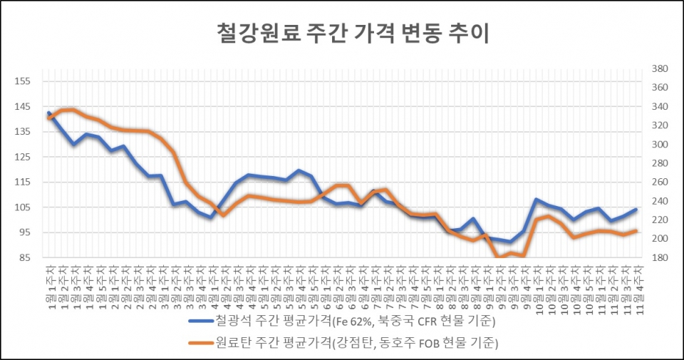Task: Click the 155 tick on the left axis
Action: coord(23,81)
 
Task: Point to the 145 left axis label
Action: coord(23,106)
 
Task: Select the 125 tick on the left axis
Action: coord(23,157)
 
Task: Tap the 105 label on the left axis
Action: coord(23,207)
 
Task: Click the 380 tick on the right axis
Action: coord(658,69)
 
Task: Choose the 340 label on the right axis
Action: coord(658,107)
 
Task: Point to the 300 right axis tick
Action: coord(658,145)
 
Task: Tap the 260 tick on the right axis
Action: coord(658,182)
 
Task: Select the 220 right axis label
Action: coord(658,220)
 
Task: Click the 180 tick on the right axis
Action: coord(658,257)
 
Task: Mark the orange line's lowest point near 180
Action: coord(498,257)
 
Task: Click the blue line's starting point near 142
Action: coord(48,113)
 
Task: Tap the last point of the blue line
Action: coord(636,210)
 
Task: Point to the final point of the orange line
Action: coord(636,230)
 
